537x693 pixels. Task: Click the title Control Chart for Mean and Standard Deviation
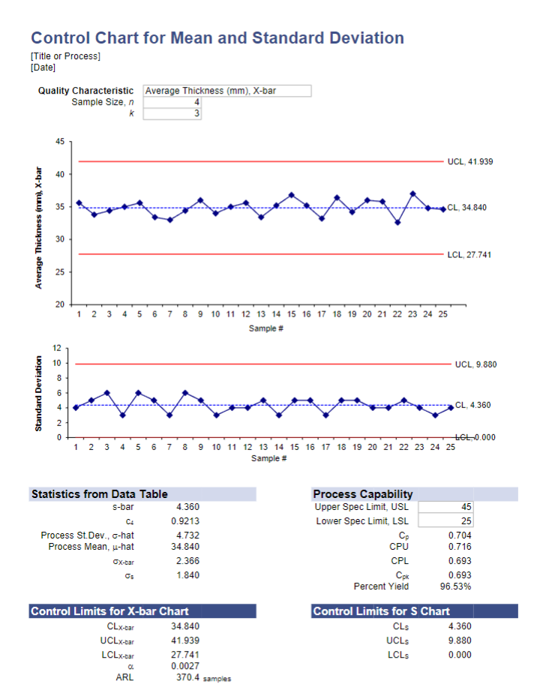coord(217,38)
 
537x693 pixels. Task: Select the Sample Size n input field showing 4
coord(172,102)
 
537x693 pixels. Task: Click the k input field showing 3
coord(172,113)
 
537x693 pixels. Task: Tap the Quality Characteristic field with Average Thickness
coord(226,91)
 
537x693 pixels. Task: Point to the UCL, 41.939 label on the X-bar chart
coord(470,161)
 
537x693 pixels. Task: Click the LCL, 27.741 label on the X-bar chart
coord(469,255)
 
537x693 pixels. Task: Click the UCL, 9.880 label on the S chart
coord(475,364)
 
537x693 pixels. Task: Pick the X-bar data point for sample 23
coord(413,193)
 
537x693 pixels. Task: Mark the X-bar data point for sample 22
coord(397,222)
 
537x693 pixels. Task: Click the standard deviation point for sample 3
coord(107,393)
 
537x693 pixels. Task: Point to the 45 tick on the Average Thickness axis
coord(59,142)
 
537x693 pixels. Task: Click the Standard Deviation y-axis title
coord(38,392)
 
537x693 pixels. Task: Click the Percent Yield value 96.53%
coord(455,586)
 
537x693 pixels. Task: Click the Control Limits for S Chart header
coord(381,611)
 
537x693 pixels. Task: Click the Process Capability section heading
coord(363,494)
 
